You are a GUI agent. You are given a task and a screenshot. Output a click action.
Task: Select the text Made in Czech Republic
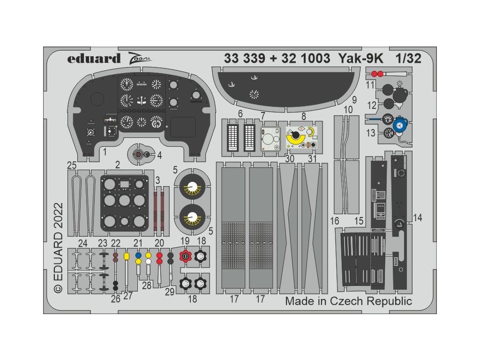(x=349, y=301)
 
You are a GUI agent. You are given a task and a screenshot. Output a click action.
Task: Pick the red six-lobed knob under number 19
(x=186, y=257)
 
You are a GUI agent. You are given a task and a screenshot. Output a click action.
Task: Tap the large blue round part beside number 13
(x=400, y=125)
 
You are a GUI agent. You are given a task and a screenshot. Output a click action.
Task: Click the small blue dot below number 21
(x=138, y=255)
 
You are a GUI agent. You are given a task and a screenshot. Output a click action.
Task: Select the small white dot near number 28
(x=148, y=262)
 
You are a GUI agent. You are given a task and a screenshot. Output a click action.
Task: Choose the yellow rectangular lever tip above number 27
(x=126, y=256)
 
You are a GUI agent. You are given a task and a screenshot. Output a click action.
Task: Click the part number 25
(x=72, y=165)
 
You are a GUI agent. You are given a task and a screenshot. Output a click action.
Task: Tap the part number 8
(x=304, y=115)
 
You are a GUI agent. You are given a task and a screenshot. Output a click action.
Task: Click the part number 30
(x=290, y=158)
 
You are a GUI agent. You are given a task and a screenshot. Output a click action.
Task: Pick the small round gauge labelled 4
(x=139, y=154)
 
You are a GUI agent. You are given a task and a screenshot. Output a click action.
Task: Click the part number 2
(x=118, y=165)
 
